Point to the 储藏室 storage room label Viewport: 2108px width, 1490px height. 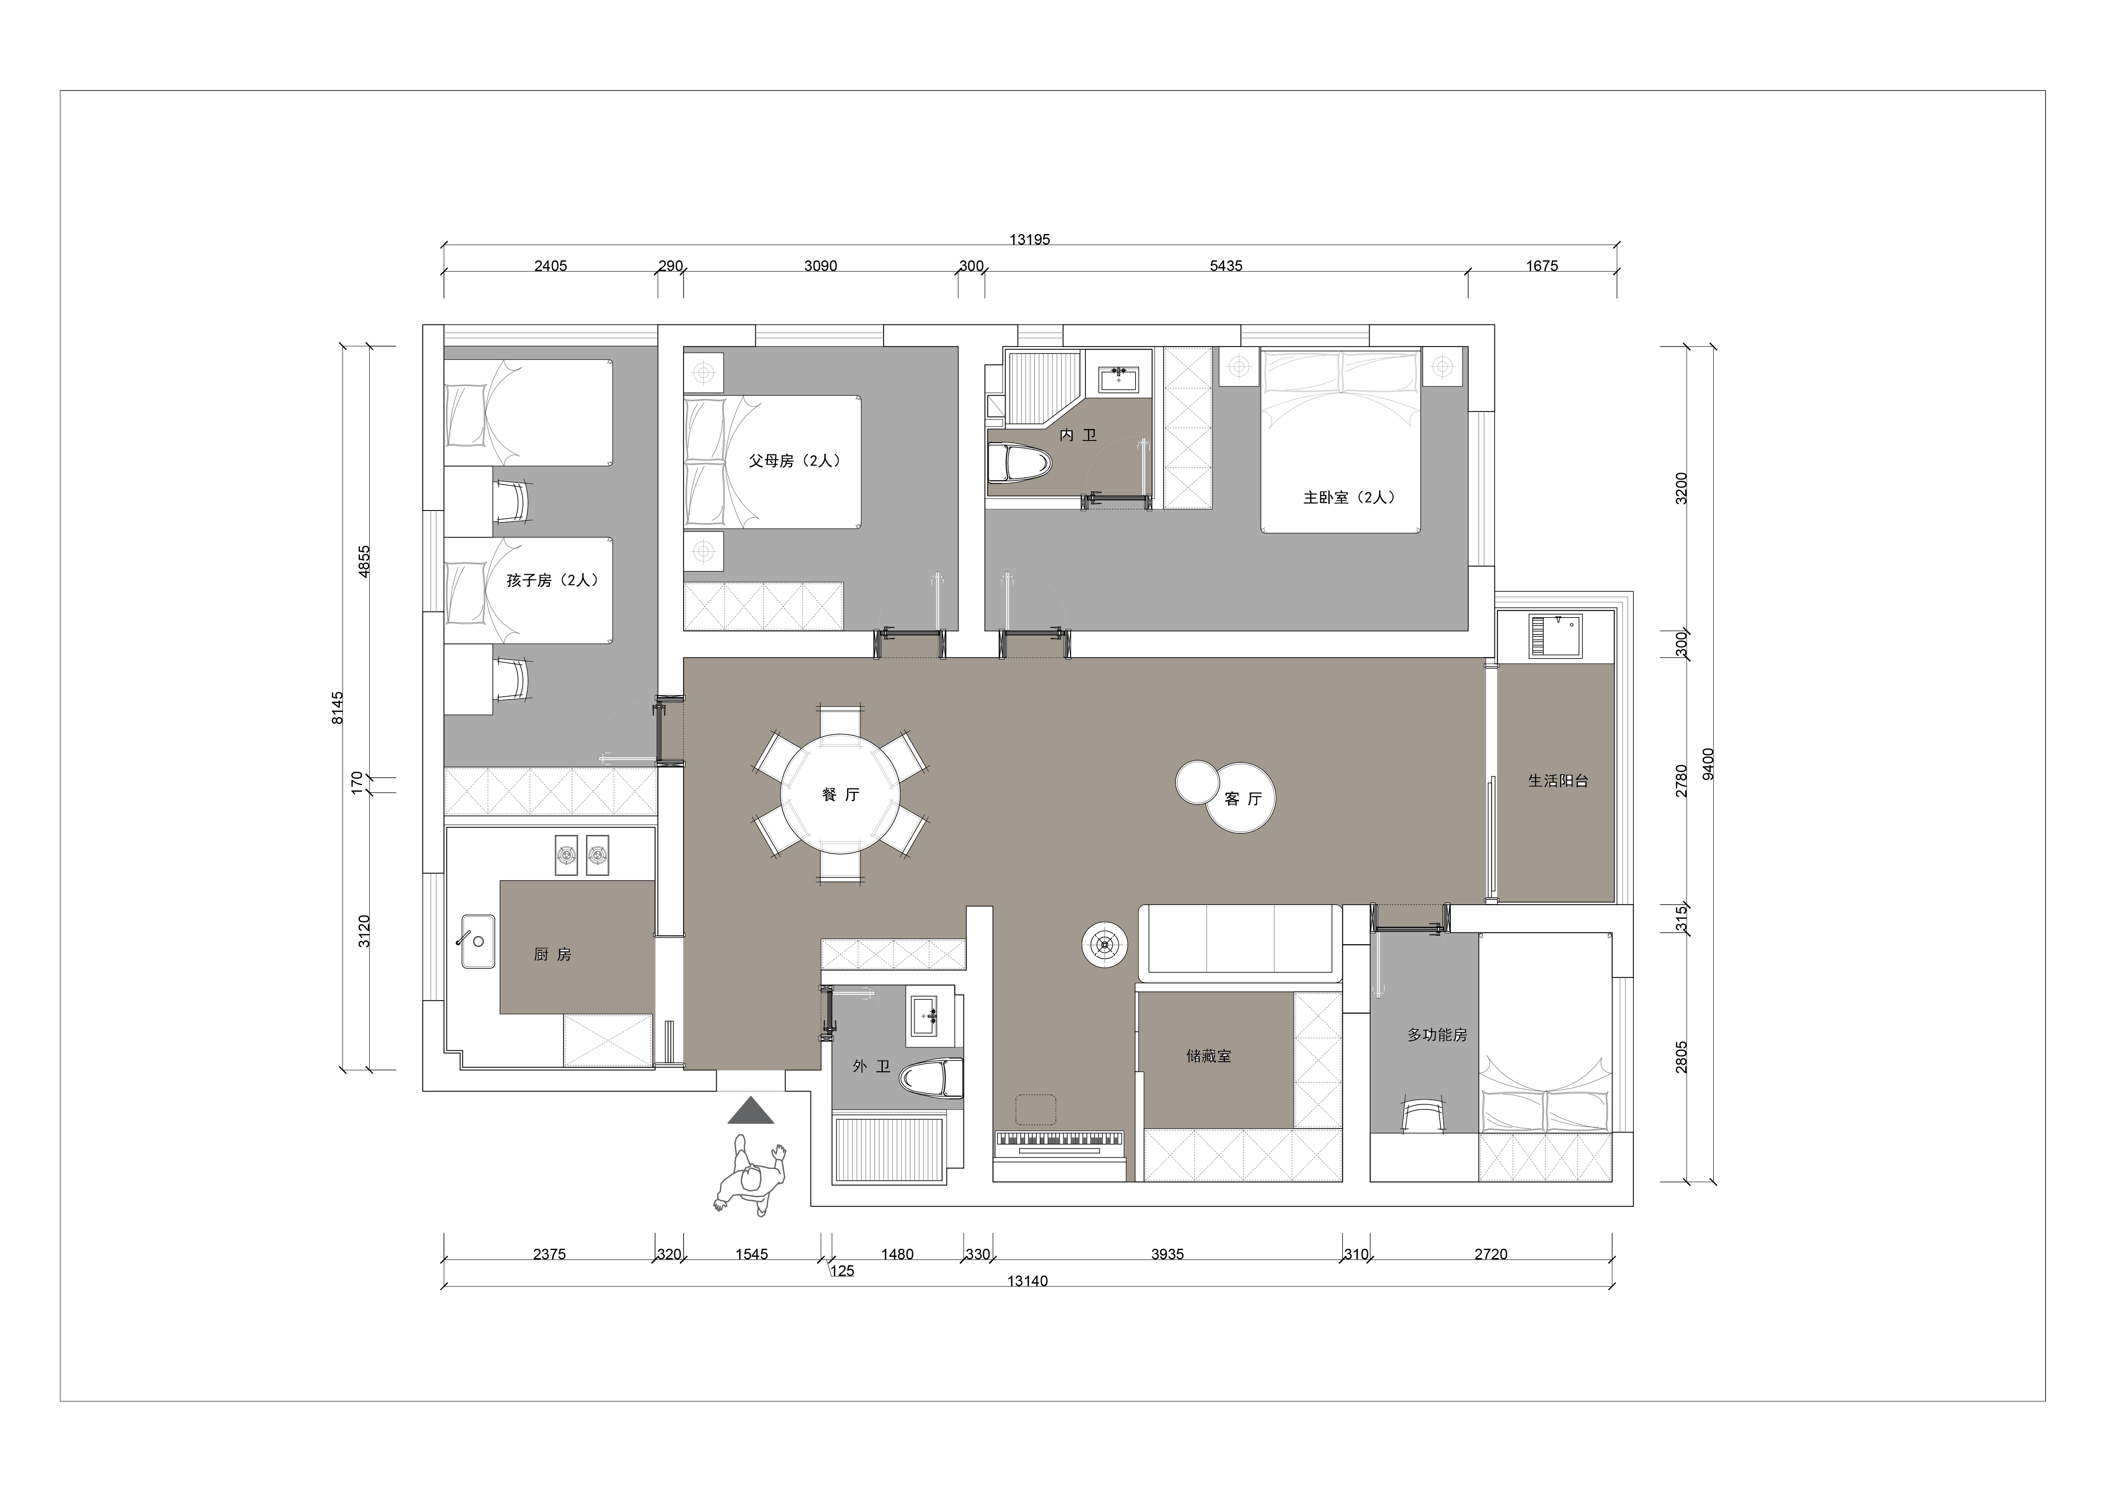1208,1057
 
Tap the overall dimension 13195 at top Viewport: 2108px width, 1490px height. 1029,240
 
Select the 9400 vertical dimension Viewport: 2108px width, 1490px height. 1708,764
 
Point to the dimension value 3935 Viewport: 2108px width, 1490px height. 1167,1254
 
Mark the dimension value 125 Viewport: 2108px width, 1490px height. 842,1272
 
